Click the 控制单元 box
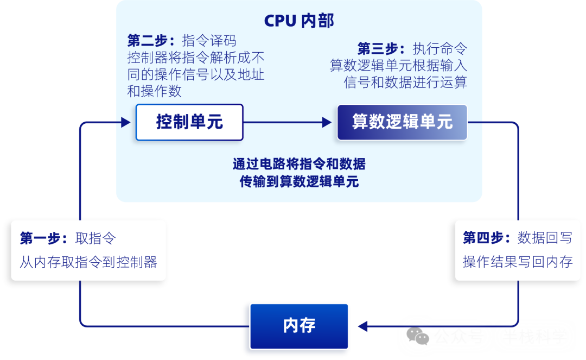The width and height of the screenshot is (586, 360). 189,122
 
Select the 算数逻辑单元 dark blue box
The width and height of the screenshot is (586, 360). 402,122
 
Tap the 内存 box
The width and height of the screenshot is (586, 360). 299,326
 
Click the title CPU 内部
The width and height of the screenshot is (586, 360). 299,21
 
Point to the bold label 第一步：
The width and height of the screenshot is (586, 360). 44,238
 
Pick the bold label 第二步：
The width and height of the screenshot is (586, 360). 151,41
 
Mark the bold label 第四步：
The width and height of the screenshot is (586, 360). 487,238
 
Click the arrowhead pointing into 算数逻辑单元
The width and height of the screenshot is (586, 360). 327,123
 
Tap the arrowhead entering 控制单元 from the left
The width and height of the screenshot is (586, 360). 126,123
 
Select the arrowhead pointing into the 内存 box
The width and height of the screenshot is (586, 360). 362,326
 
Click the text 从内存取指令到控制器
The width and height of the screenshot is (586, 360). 88,262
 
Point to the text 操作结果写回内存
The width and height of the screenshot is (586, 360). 518,262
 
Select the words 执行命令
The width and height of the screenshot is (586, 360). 440,49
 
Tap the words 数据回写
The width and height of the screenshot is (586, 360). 545,238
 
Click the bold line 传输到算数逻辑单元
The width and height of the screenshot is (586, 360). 299,182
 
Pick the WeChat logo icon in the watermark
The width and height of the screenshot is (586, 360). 418,336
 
